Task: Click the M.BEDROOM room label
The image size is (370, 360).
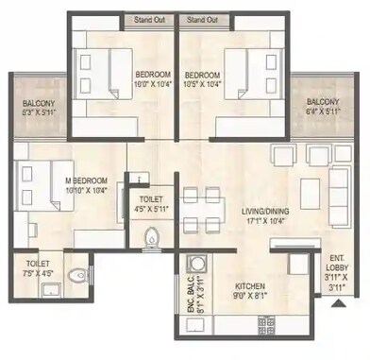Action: tap(85, 180)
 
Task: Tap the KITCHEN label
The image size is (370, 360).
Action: tap(250, 286)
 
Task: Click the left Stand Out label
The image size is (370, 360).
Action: tap(149, 19)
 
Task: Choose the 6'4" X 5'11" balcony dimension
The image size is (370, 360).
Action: tap(323, 111)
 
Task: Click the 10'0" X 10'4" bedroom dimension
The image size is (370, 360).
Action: tap(151, 84)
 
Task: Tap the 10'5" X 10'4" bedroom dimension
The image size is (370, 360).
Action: tap(202, 84)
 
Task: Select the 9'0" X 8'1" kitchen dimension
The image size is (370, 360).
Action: tap(250, 296)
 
